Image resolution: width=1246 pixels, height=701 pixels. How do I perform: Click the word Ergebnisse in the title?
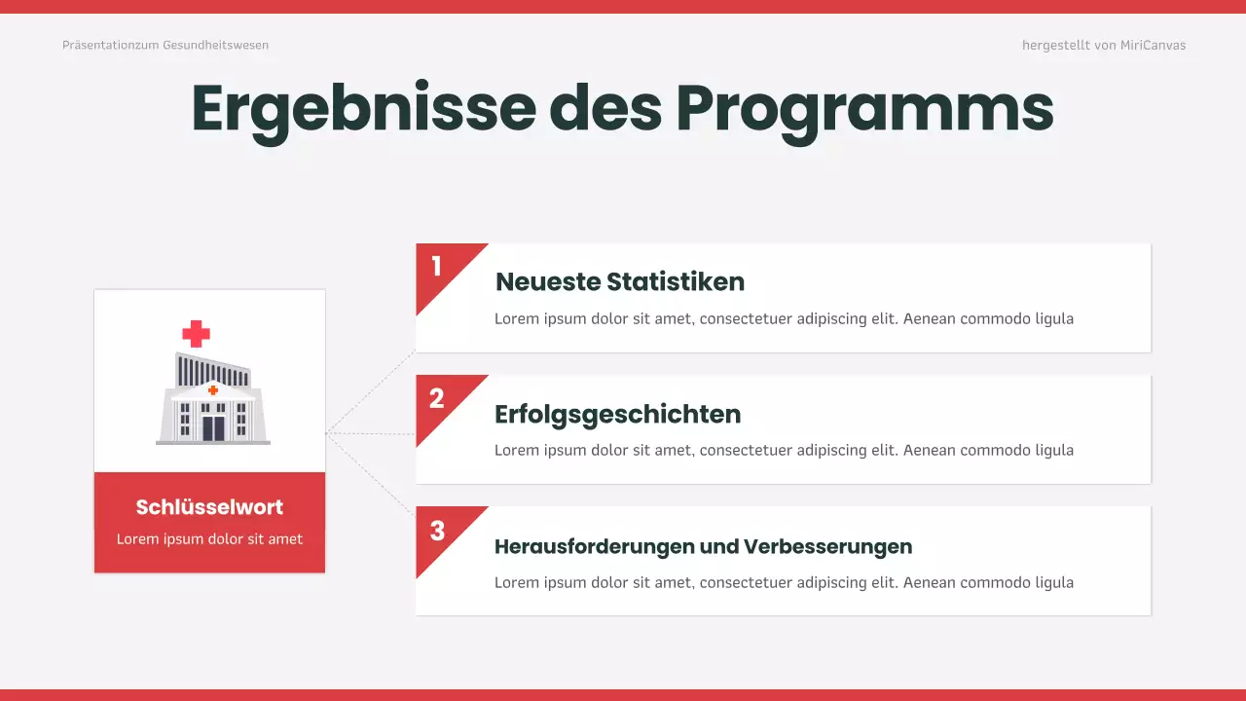[x=363, y=109]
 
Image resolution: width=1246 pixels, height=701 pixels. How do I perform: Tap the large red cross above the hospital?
[x=197, y=334]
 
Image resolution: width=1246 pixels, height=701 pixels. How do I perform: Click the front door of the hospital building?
[x=213, y=427]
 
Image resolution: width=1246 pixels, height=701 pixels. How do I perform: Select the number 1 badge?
[x=437, y=266]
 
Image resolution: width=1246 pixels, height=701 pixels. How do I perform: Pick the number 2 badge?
[x=437, y=397]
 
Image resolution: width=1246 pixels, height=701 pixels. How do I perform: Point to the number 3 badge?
[x=437, y=531]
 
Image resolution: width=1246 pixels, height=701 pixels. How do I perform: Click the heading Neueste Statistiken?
[x=620, y=282]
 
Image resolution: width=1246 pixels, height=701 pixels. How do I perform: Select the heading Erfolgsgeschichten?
[x=618, y=415]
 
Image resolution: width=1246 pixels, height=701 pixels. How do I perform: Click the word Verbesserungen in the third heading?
[x=827, y=546]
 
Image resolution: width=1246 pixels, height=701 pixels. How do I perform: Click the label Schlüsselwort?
[x=209, y=507]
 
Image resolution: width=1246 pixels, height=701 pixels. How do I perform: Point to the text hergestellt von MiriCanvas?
[x=1104, y=46]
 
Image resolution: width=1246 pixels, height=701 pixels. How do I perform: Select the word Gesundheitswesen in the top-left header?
[x=215, y=46]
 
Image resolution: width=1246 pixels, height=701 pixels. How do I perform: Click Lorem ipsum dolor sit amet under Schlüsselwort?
[x=209, y=538]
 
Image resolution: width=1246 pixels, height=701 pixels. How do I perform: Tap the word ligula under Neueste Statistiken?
[x=1054, y=318]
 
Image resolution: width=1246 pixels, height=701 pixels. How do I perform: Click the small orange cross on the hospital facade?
[x=213, y=390]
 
